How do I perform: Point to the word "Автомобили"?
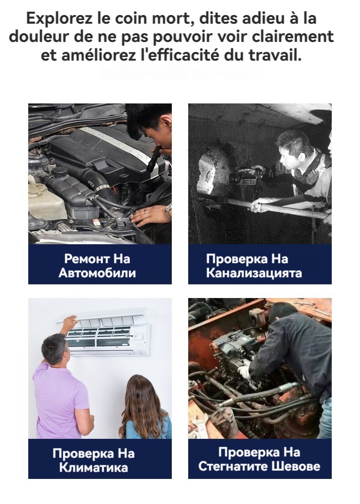pos(97,273)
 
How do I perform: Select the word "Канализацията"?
pos(254,273)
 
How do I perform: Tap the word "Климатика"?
pos(93,468)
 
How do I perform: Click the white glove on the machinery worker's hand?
pos(244,372)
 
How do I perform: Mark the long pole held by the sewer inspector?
pos(273,207)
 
